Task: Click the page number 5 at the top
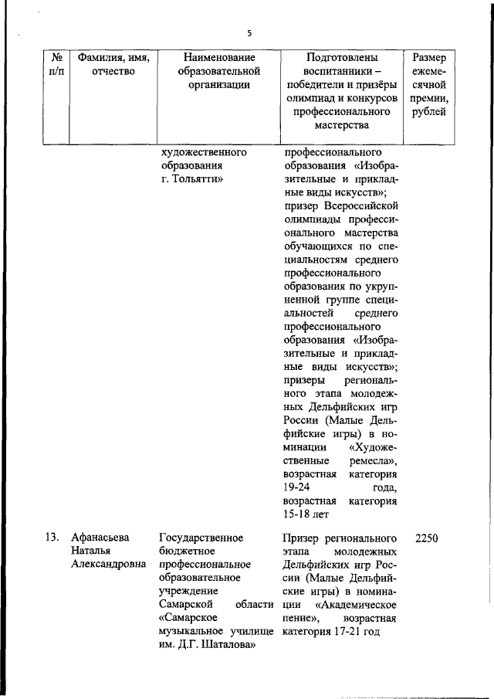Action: [x=249, y=32]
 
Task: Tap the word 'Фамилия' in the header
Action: [x=96, y=57]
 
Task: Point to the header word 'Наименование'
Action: [x=218, y=57]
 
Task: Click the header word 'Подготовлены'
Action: [x=342, y=57]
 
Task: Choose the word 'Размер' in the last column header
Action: [x=429, y=57]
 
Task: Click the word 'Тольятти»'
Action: [x=198, y=180]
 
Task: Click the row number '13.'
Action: [x=52, y=538]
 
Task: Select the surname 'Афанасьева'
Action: [x=101, y=538]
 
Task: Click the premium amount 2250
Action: [x=427, y=538]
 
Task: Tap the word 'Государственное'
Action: [x=201, y=538]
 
